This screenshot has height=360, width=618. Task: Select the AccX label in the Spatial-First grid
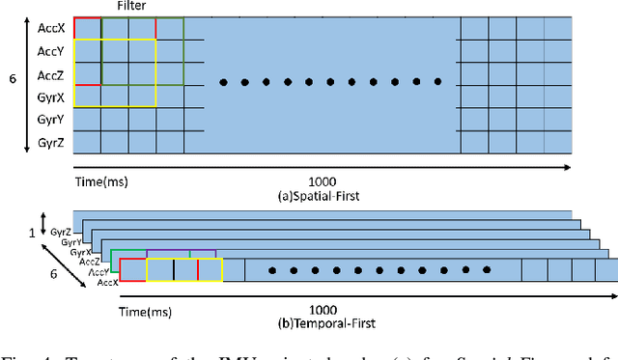[50, 29]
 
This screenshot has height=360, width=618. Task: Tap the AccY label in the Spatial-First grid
[50, 52]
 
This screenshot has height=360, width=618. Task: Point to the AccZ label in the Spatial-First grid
[50, 75]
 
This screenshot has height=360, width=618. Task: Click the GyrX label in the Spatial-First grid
[50, 98]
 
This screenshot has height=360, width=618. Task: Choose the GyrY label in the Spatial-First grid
[50, 121]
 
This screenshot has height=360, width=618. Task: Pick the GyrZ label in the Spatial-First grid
[50, 144]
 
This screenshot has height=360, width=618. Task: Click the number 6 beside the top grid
[13, 84]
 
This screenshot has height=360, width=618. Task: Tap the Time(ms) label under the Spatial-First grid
[101, 180]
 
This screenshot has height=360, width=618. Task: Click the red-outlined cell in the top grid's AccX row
[87, 28]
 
